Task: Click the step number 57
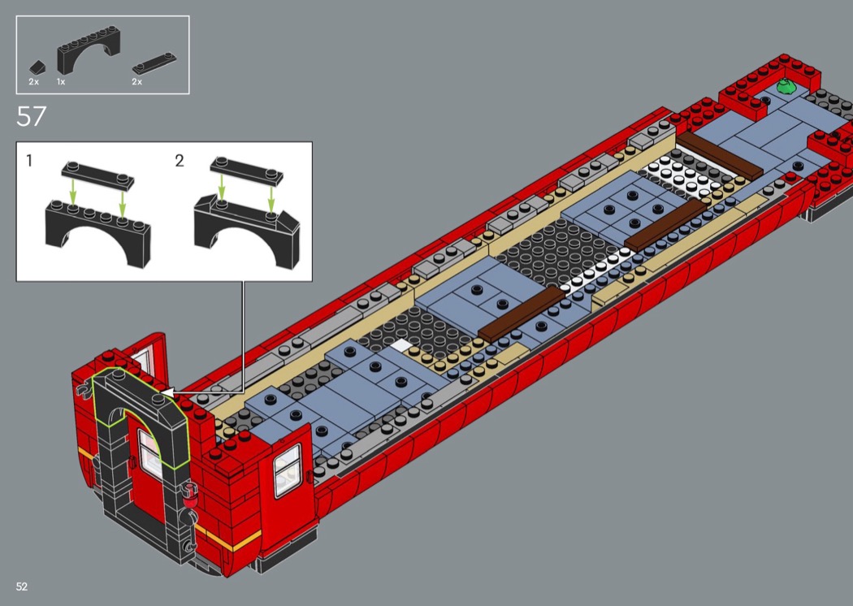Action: [32, 116]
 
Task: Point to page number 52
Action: [22, 587]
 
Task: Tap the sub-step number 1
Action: [29, 161]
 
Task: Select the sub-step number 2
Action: [180, 161]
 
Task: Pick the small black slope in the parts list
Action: [37, 67]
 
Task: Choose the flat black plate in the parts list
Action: [154, 63]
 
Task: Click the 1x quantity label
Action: [61, 81]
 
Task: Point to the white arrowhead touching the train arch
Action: [168, 392]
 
